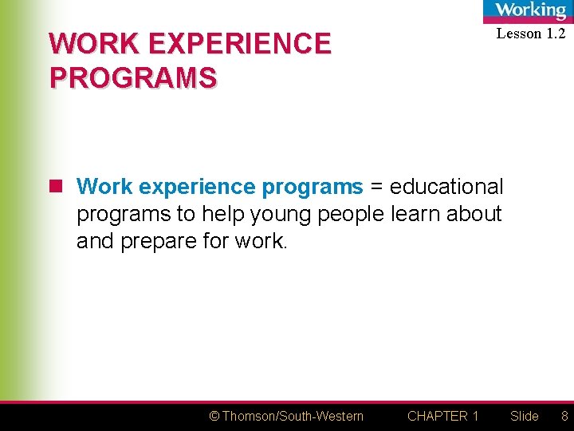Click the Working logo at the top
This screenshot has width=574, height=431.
point(530,10)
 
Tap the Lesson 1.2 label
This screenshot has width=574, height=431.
point(530,34)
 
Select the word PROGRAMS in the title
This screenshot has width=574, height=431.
point(132,77)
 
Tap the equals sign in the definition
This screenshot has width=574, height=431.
point(376,187)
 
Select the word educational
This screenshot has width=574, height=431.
point(446,187)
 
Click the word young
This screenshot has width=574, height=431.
point(283,214)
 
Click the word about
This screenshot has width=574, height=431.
point(474,214)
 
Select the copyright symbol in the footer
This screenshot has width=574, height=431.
point(214,416)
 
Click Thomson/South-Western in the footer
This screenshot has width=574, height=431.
point(293,416)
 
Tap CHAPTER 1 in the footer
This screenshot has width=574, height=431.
point(442,416)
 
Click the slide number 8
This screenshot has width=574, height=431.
point(564,416)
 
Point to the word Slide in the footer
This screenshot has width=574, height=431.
point(525,416)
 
